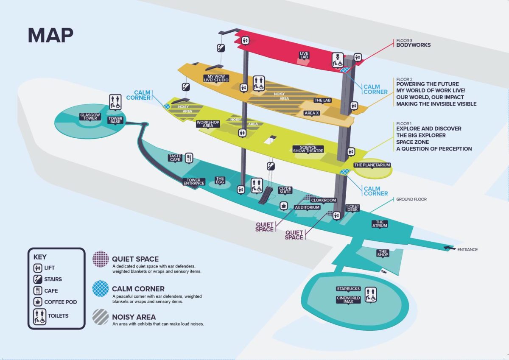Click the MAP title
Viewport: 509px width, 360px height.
[50, 36]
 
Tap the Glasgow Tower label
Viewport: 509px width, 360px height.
[89, 117]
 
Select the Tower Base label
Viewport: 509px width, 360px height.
[115, 120]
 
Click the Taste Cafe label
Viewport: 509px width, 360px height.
[175, 158]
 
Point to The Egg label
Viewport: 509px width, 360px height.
[220, 181]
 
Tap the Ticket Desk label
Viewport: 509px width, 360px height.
[352, 208]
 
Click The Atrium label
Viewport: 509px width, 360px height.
[380, 223]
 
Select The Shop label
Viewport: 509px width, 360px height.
[383, 253]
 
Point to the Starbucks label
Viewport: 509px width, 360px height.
[348, 289]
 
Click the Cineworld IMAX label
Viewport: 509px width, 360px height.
[348, 300]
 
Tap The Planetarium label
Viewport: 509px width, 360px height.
[372, 165]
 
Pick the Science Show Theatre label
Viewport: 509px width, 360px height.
[308, 149]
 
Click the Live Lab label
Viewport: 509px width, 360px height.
[304, 55]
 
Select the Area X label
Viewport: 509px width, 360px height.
[312, 113]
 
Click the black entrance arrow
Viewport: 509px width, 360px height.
[448, 248]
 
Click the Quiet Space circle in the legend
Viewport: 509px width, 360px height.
[101, 259]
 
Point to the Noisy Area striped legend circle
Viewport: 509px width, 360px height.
[101, 317]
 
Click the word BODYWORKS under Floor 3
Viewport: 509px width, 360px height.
[413, 45]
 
